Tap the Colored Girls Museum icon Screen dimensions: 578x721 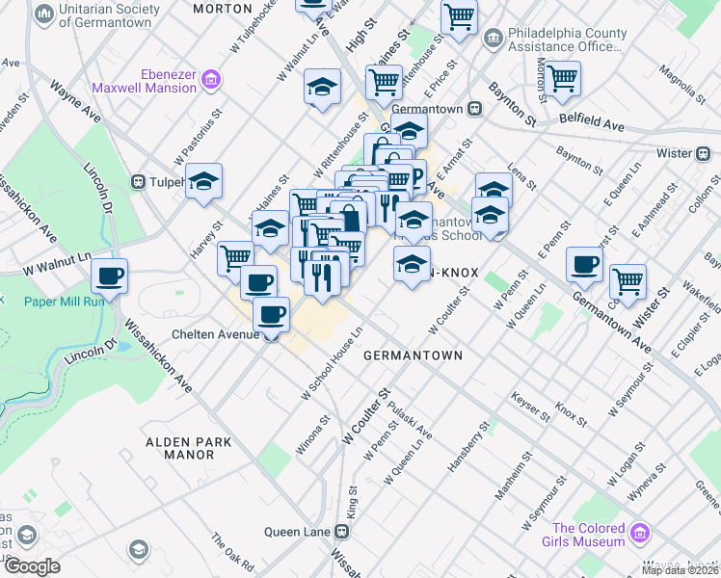637,533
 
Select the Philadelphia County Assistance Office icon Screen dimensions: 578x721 494,39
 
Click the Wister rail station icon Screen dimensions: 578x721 704,152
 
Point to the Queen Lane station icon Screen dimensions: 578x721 341,531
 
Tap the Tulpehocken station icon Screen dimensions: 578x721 139,181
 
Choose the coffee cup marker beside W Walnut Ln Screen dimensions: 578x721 109,276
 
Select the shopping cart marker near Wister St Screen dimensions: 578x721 628,280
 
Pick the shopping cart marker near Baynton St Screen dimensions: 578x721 562,77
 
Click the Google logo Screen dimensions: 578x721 32,566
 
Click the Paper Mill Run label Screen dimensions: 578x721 64,301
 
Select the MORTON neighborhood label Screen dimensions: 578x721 222,8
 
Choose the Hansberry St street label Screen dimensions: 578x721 469,444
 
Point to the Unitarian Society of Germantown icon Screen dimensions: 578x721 43,14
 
